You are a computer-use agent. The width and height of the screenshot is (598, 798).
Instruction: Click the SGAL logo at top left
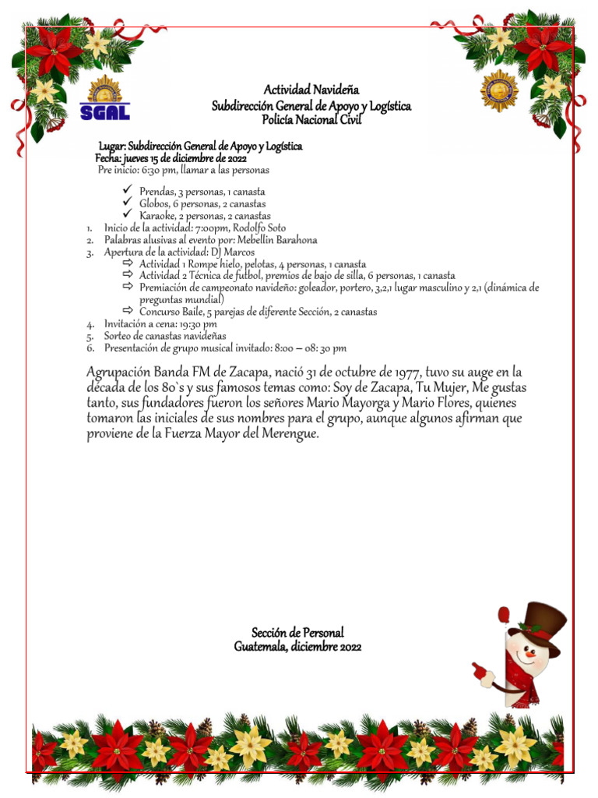pyautogui.click(x=104, y=98)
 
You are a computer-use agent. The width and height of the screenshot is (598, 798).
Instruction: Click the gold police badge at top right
pyautogui.click(x=499, y=90)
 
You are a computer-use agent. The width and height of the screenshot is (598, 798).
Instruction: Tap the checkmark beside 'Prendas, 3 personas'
pyautogui.click(x=128, y=191)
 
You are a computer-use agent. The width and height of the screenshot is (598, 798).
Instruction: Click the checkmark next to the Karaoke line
pyautogui.click(x=128, y=215)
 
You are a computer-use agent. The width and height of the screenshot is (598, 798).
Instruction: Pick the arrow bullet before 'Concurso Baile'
pyautogui.click(x=128, y=311)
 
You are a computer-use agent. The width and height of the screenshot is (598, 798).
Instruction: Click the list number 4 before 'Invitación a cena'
pyautogui.click(x=90, y=324)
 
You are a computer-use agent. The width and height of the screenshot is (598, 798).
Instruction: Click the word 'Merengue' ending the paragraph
pyautogui.click(x=290, y=434)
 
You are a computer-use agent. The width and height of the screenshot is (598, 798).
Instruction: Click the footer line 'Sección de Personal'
pyautogui.click(x=297, y=633)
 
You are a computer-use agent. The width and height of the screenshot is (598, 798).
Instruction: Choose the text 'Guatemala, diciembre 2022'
pyautogui.click(x=297, y=647)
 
